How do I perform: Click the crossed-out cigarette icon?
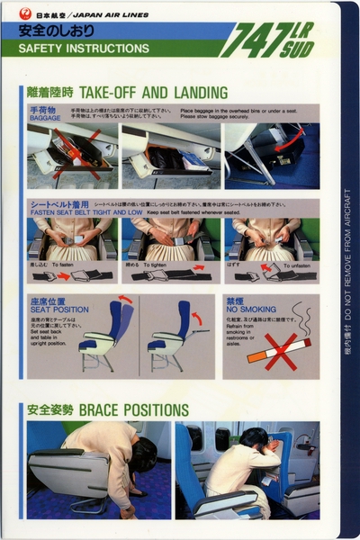pyautogui.click(x=278, y=349)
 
